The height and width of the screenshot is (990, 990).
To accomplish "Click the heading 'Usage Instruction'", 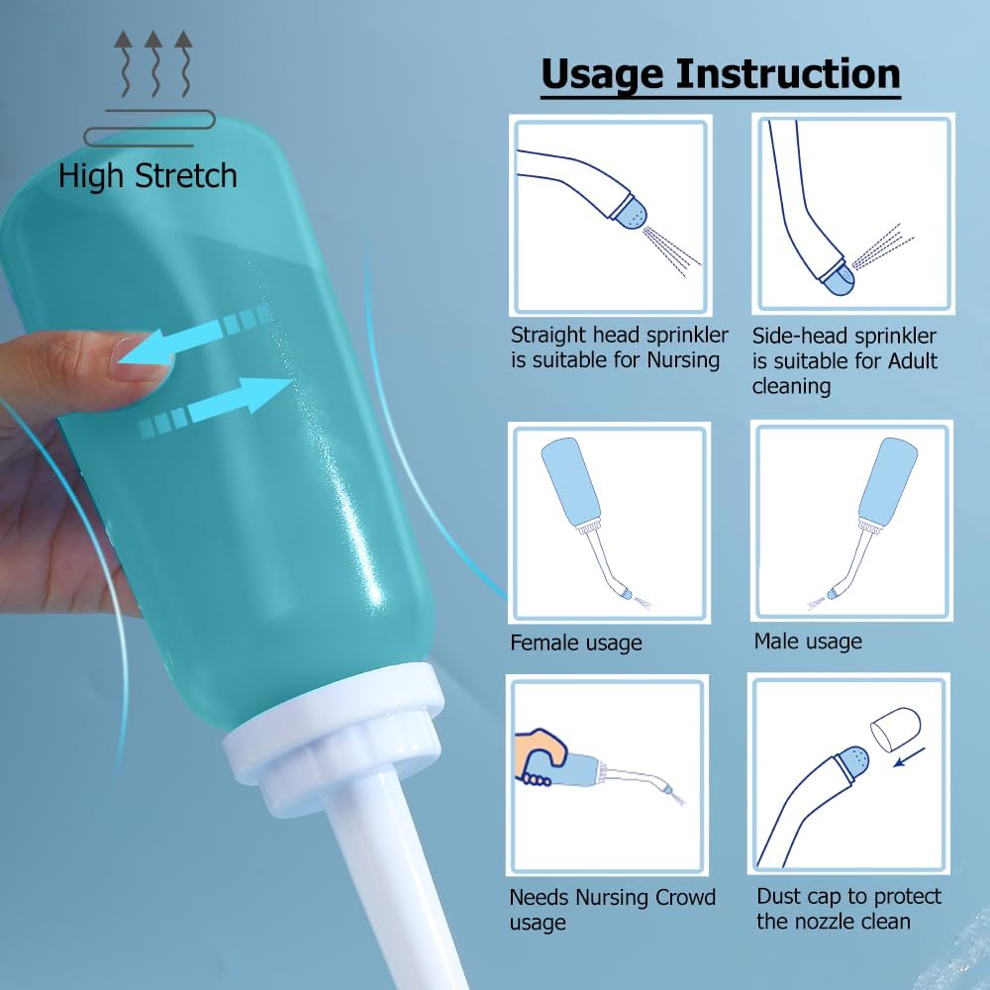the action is [x=721, y=75].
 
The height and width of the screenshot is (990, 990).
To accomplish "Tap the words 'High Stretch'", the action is [x=148, y=175].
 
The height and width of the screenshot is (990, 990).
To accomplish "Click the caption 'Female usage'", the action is [x=576, y=643].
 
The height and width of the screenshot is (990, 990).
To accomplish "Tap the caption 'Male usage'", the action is [x=808, y=641].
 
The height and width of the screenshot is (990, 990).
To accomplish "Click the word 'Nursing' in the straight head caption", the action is [x=684, y=360].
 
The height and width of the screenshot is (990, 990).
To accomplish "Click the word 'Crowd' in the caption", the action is [x=686, y=897].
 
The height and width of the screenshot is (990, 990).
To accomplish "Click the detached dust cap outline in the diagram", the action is [x=895, y=729].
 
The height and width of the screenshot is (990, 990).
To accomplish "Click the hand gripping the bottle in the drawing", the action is [x=541, y=757].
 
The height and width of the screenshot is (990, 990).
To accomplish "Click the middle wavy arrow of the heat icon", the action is [x=153, y=63].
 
